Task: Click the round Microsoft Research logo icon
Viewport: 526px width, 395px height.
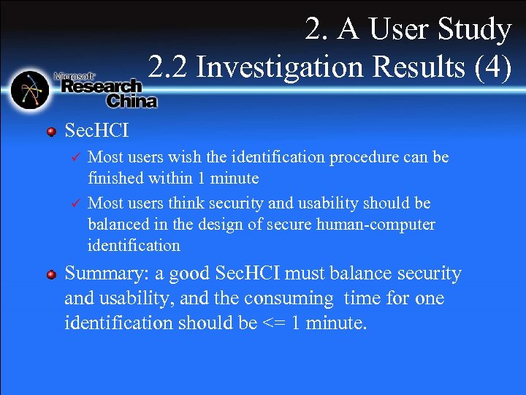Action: click(30, 90)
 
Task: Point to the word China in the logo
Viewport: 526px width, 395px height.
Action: click(131, 101)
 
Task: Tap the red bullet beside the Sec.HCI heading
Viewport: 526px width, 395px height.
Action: click(51, 132)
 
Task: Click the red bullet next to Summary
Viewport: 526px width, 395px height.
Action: click(51, 274)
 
